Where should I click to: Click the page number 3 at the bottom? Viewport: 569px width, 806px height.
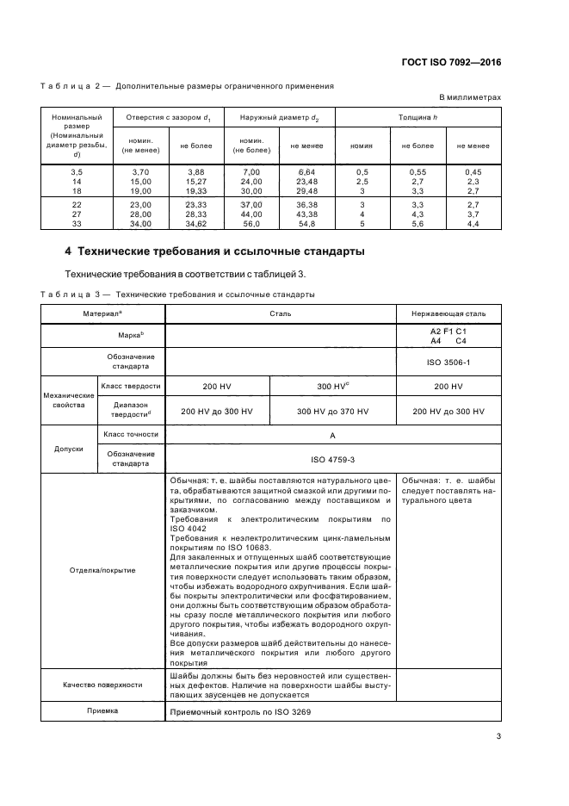(499, 735)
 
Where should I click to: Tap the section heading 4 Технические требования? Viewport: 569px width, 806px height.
(214, 251)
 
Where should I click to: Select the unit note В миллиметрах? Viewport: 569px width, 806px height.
(470, 98)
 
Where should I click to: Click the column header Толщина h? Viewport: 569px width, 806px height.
(417, 116)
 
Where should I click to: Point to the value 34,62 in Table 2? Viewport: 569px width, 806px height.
(195, 223)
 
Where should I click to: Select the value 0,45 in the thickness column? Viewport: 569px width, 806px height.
(473, 172)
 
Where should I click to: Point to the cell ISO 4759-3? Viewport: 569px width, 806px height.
(332, 459)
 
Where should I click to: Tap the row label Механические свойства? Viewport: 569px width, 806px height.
(67, 398)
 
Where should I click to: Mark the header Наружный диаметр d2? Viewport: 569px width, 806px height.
(279, 116)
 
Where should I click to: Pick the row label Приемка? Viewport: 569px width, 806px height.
(102, 711)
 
